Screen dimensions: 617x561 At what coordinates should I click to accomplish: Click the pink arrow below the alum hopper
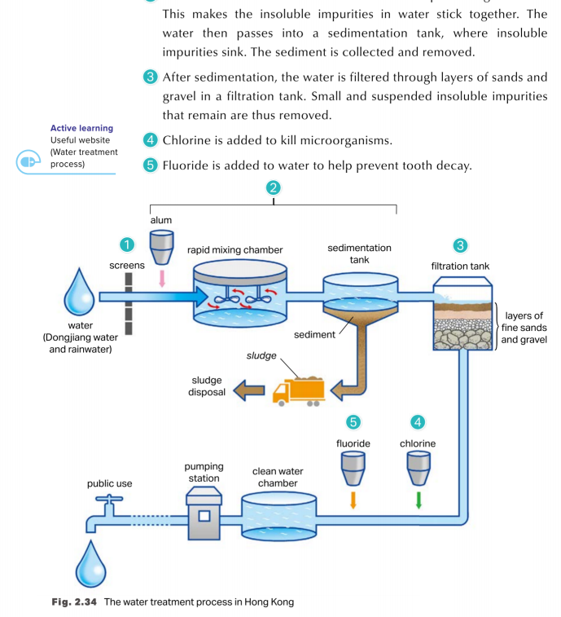tap(162, 278)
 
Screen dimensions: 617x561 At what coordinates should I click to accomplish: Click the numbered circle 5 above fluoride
tap(353, 422)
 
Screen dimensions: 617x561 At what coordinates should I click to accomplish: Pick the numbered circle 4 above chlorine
tap(418, 422)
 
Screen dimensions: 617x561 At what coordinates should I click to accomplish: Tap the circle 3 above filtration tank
tap(461, 245)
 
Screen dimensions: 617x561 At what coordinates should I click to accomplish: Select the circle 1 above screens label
tap(126, 245)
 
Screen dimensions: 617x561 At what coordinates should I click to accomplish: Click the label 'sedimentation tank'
tap(359, 253)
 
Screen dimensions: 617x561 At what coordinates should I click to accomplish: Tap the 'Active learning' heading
tap(81, 128)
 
